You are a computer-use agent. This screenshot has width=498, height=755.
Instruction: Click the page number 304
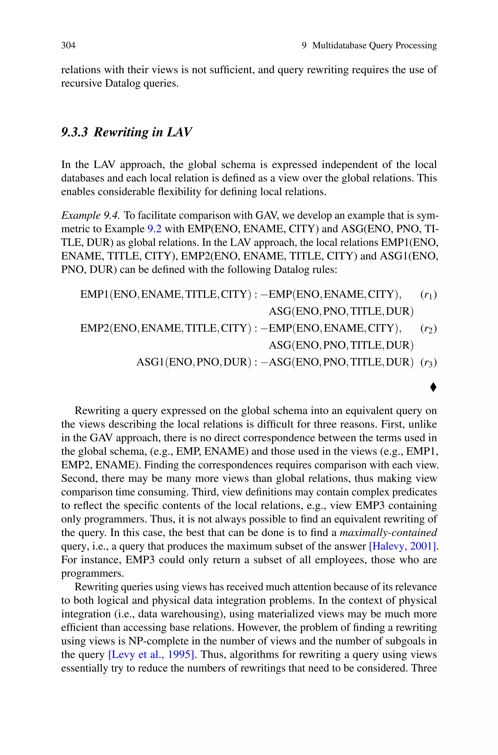(x=68, y=45)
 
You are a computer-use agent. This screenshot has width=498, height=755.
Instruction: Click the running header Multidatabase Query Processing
(x=374, y=45)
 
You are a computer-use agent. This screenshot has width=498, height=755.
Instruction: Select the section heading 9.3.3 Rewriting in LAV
(x=126, y=132)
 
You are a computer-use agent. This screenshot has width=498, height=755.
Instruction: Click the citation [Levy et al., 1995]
(x=151, y=655)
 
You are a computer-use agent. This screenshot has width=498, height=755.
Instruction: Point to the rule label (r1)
(x=428, y=295)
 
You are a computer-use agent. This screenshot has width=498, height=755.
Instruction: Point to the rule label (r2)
(x=428, y=329)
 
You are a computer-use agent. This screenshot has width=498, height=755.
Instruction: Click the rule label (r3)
(x=428, y=363)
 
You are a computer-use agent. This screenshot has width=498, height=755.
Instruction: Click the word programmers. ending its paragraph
(x=92, y=573)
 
